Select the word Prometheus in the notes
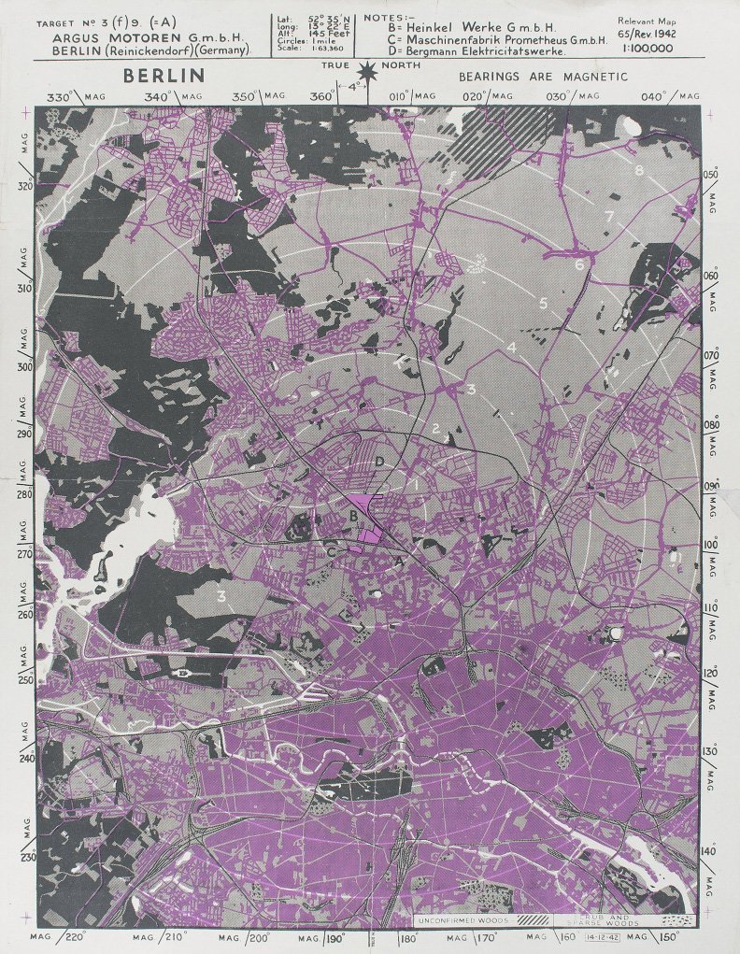coord(519,40)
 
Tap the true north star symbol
coord(371,71)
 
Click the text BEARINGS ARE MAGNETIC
coord(543,77)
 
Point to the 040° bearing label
coord(655,97)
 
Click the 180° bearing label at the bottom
coord(408,937)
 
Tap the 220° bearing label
coord(78,936)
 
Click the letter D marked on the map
coord(379,462)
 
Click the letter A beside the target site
coord(401,561)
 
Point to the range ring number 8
coord(639,171)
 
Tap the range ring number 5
coord(543,303)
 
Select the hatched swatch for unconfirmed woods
coord(534,919)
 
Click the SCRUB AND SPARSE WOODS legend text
coord(605,920)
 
